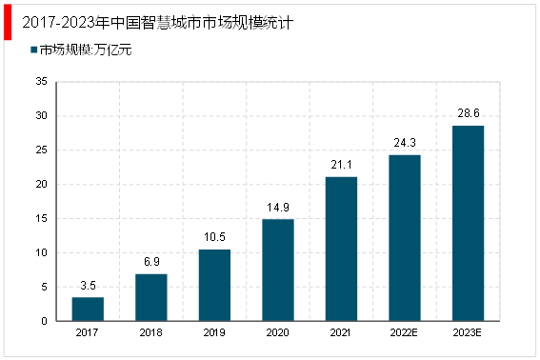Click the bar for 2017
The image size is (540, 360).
coord(88,309)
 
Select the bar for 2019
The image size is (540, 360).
coord(214,285)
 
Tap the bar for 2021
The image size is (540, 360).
coord(341,249)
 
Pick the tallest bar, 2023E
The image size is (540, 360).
coord(468,223)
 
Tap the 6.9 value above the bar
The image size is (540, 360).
coord(150,261)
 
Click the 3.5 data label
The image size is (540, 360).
coord(88,284)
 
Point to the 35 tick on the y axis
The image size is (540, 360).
coord(41,82)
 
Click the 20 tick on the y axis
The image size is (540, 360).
coord(41,185)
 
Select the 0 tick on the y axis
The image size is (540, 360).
coord(44,321)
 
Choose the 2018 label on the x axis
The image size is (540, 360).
coord(150,333)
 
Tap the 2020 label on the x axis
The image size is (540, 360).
coord(278,333)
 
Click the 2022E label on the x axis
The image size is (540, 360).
coord(405,333)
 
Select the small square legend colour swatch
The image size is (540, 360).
coord(35,50)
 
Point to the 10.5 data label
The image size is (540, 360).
coord(214,237)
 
